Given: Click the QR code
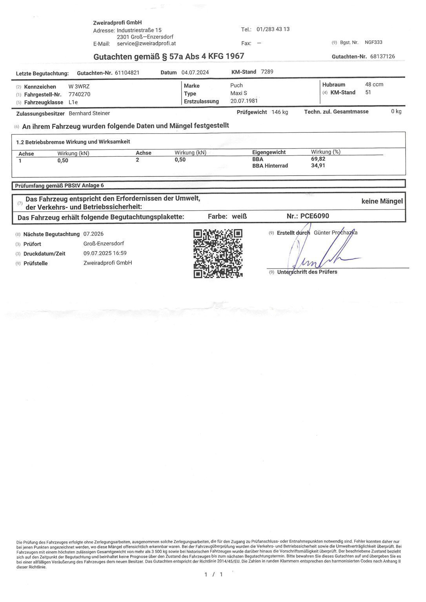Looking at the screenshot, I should (x=218, y=254).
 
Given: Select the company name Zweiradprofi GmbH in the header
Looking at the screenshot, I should (x=117, y=23).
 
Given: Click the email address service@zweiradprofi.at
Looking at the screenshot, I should (x=146, y=44).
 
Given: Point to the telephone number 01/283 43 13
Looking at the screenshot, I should (x=273, y=29).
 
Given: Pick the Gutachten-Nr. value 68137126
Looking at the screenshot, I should (x=382, y=56).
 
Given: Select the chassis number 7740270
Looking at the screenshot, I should (x=79, y=94).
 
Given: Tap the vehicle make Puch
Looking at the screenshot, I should (x=237, y=85).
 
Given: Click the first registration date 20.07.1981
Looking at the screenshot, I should (x=244, y=101).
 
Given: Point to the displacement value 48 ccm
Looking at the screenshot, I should (x=374, y=85).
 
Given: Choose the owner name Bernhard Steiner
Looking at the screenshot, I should (x=89, y=113).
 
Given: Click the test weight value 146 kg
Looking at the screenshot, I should (x=280, y=112).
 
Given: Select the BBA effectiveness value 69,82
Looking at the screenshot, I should (x=318, y=159).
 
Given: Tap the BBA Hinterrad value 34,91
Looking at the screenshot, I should (x=318, y=165).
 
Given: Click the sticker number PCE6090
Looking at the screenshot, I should (x=315, y=216).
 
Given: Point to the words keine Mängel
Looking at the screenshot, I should (x=382, y=201).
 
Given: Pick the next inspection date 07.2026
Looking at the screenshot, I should (x=93, y=234).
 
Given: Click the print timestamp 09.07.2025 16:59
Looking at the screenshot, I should (x=105, y=253).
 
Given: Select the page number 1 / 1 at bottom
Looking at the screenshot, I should (x=213, y=575).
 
